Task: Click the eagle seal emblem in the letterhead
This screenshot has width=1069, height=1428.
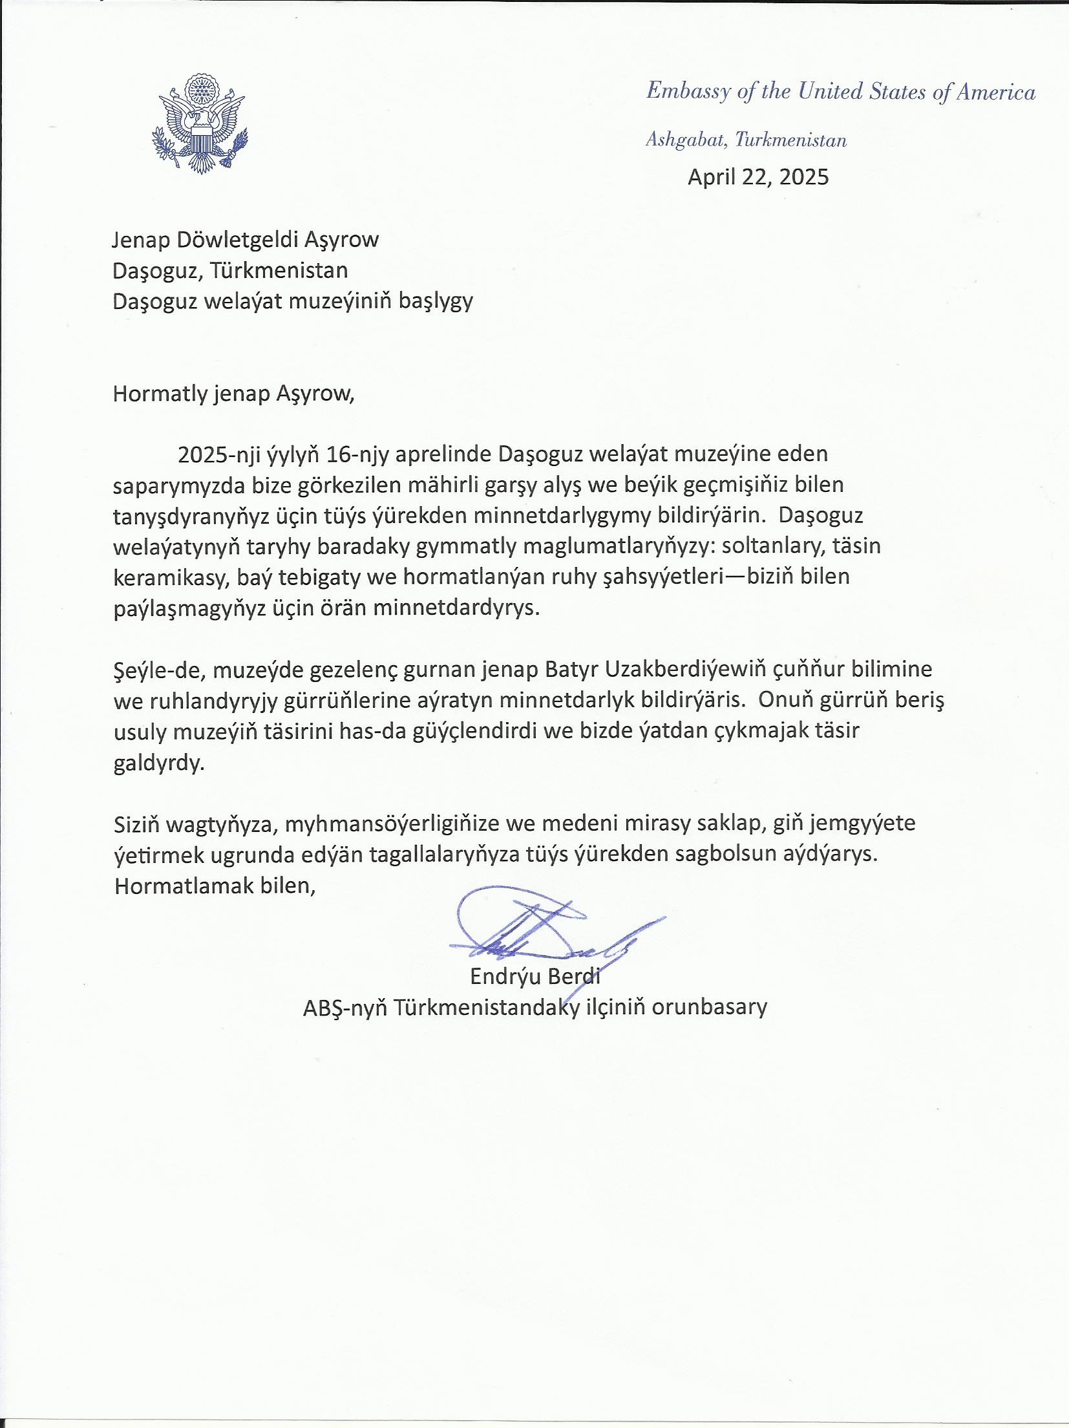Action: pos(199,123)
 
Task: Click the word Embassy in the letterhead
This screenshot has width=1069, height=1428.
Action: pos(687,92)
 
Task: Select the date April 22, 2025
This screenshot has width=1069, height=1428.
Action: pos(757,177)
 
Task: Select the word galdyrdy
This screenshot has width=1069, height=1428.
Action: pos(159,763)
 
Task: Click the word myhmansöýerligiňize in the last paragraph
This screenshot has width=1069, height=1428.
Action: pos(392,824)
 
